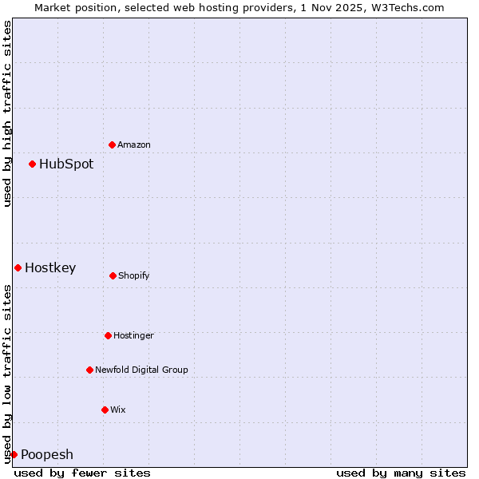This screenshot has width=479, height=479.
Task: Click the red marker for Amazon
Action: click(112, 144)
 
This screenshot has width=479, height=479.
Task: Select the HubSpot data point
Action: click(32, 164)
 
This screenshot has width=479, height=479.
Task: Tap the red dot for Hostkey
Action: click(18, 267)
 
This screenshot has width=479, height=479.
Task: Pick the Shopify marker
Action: click(113, 275)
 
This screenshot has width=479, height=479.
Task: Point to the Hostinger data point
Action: click(108, 335)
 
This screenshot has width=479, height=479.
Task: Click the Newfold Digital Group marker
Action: click(89, 370)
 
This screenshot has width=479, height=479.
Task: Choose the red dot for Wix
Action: click(105, 410)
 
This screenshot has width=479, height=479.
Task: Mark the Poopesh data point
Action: click(14, 454)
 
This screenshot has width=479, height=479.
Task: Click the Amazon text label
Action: click(134, 144)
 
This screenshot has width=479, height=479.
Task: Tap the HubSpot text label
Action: click(66, 164)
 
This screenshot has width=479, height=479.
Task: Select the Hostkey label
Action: click(50, 267)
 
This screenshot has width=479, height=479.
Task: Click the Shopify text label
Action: click(134, 275)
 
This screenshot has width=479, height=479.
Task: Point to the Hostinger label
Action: click(133, 335)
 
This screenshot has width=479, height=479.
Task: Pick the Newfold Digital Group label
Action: click(141, 370)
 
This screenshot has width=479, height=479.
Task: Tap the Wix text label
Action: click(118, 410)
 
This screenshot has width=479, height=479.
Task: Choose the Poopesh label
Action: click(47, 454)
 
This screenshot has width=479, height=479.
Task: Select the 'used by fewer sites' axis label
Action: click(82, 473)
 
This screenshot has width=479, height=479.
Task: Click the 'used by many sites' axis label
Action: click(401, 473)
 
